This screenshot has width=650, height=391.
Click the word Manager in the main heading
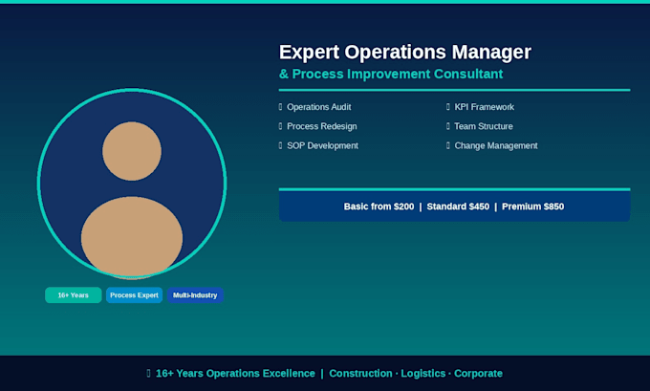click(491, 53)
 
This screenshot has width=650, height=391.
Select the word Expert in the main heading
click(310, 54)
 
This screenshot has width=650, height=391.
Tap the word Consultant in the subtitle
click(468, 74)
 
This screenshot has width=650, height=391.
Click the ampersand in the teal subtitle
click(284, 74)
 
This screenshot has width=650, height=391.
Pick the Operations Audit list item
click(318, 107)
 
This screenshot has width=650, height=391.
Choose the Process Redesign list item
click(322, 126)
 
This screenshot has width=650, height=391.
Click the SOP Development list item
click(322, 145)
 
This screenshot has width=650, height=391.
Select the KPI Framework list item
click(485, 107)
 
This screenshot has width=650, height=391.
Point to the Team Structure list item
click(484, 126)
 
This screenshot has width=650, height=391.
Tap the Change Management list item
click(496, 145)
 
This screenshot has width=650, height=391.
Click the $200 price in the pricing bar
click(403, 206)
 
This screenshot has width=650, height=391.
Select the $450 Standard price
click(479, 206)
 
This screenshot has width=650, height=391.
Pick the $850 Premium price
click(553, 206)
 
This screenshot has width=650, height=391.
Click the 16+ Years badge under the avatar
click(74, 295)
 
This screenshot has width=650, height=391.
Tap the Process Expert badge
click(135, 295)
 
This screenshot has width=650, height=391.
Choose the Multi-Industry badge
click(195, 295)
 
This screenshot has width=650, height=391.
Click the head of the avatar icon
click(132, 151)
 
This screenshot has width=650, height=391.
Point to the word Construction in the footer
click(360, 373)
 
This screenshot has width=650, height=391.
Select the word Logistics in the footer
click(423, 374)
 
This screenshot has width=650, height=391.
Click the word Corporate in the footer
click(478, 374)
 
